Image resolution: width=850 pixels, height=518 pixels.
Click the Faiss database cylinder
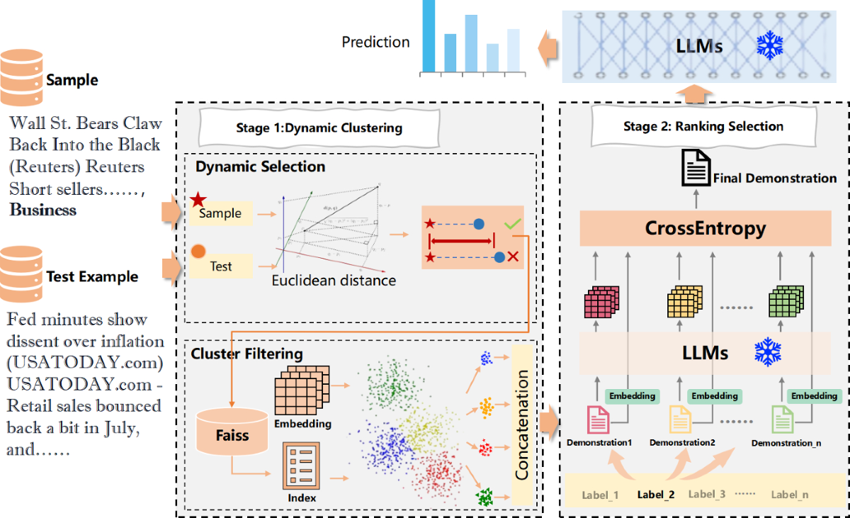click(232, 433)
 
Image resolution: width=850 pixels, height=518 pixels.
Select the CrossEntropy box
click(705, 229)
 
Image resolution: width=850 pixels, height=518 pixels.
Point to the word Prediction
click(375, 43)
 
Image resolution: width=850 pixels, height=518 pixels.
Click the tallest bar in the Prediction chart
click(429, 35)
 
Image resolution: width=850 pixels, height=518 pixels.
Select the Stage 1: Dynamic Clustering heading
click(319, 128)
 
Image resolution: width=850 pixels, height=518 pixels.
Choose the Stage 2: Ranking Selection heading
click(703, 127)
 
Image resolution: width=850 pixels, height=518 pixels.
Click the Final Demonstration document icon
click(696, 168)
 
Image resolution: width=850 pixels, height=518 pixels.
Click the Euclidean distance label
click(334, 281)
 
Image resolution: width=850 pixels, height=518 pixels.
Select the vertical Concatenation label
click(522, 425)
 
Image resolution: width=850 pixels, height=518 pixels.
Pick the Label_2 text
click(656, 495)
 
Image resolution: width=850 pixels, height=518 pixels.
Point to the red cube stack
click(601, 303)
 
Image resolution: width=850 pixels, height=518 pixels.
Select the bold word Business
click(43, 210)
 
